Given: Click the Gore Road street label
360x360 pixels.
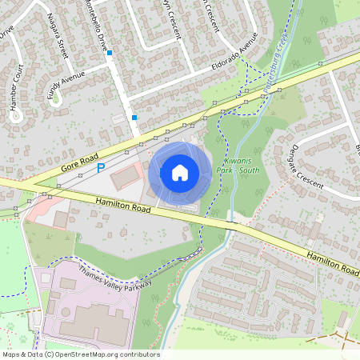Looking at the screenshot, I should point(79,162).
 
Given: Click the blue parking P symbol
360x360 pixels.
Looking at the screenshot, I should point(101,168).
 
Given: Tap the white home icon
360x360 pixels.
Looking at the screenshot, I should point(180,172).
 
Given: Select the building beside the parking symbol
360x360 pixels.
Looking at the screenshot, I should point(123,178).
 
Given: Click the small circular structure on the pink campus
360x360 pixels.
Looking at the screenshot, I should point(43,278).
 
